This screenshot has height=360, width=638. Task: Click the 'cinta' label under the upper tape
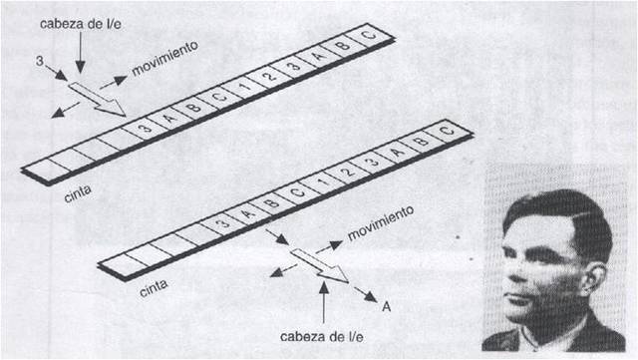point(72,187)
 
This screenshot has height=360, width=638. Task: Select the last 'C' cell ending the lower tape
point(445,129)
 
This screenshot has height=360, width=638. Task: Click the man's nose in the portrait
point(509,275)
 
